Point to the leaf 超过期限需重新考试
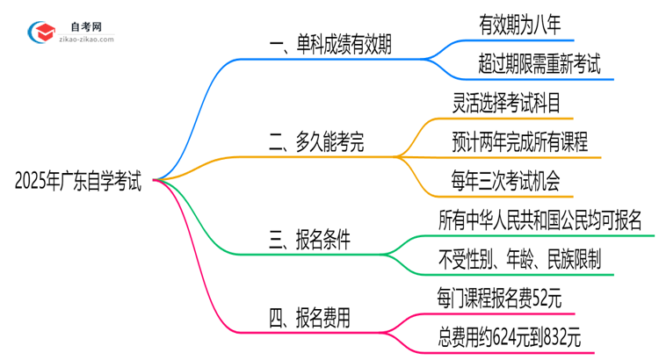[540, 64]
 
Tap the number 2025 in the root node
[32, 182]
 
